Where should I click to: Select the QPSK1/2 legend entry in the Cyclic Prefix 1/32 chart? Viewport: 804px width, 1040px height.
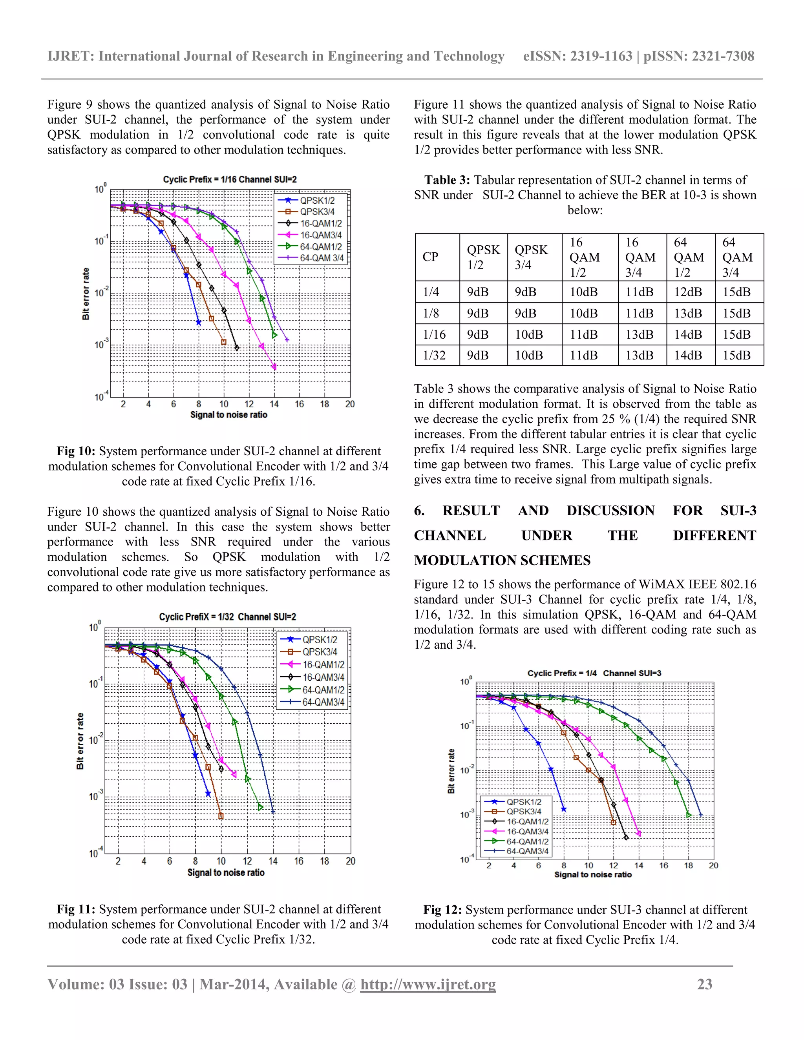coord(319,640)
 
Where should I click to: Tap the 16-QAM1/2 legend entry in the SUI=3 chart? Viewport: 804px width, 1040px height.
coord(527,821)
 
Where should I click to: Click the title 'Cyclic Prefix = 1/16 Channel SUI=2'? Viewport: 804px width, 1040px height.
coord(230,179)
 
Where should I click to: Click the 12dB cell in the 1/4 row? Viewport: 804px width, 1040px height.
coord(688,292)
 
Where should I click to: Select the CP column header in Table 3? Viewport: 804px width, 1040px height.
coord(430,257)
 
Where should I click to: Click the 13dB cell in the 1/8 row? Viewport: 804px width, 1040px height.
coord(688,313)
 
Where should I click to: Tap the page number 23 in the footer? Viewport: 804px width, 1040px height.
coord(704,984)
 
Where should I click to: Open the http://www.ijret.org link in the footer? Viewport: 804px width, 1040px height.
coord(428,984)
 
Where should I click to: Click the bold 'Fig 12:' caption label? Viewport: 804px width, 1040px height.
coord(442,910)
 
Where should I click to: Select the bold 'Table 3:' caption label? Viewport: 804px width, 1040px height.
coord(447,180)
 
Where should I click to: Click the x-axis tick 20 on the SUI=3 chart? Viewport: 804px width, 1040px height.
coord(713,865)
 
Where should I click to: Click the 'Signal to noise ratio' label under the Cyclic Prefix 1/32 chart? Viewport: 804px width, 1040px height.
coord(226,872)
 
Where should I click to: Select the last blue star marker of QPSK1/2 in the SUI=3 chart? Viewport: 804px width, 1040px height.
coord(563,809)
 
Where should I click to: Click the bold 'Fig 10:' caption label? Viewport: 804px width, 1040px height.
coord(76,451)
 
